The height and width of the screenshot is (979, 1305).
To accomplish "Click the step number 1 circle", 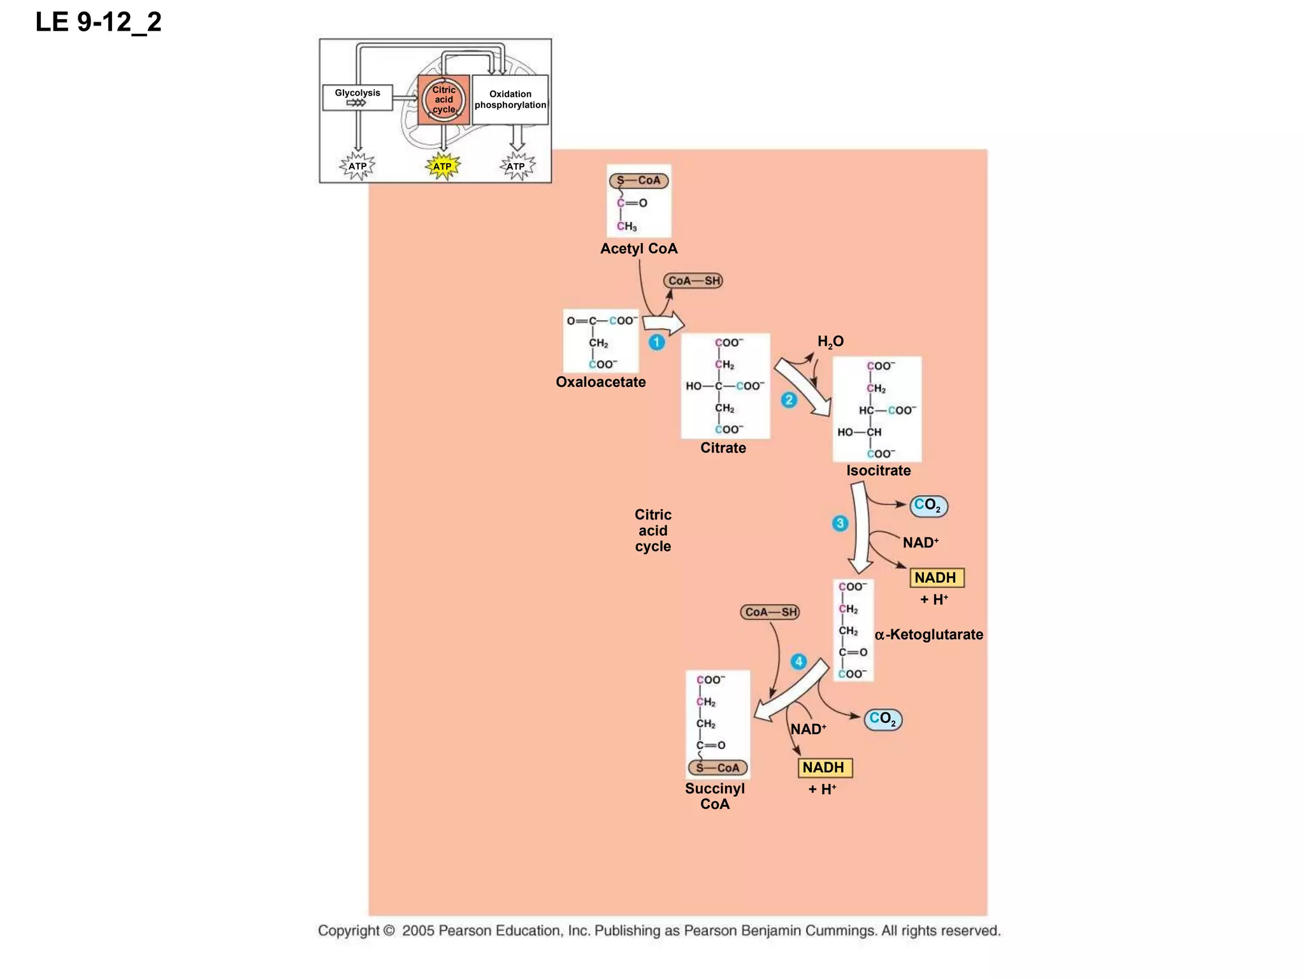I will pos(656,342).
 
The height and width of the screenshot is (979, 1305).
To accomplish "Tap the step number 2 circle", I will pos(789,400).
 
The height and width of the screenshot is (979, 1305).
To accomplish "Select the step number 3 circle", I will pos(840,523).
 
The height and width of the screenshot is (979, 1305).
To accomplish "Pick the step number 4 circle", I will pos(798,662).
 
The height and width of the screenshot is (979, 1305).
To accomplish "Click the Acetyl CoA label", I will pos(638,249).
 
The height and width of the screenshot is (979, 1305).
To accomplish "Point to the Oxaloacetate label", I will pos(600,382).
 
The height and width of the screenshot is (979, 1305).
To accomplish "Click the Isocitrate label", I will pos(878,470).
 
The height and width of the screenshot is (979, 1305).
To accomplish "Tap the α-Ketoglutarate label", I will pos(928,634).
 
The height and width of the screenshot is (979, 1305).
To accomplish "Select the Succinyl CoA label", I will pos(714,796).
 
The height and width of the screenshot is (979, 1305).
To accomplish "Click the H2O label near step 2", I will pos(830,342).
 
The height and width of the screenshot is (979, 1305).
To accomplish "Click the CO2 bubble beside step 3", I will pos(928,506).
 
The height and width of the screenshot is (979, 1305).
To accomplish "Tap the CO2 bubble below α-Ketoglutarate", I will pos(883,720).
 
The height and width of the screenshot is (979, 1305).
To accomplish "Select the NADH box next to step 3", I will pos(936,577).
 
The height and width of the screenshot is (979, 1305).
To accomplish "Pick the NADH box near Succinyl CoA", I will pos(825,767).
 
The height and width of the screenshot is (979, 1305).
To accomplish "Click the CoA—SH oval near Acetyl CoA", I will pos(693,280).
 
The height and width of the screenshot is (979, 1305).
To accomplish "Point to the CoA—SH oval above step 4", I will pos(770,612).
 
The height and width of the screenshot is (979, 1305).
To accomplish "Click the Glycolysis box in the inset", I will pos(357,98).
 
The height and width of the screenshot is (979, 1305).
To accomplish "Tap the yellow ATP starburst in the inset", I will pos(442,166).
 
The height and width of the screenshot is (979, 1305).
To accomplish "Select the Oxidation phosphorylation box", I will pos(510,99).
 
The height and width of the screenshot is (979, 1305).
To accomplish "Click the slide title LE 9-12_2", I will pos(99,22).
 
